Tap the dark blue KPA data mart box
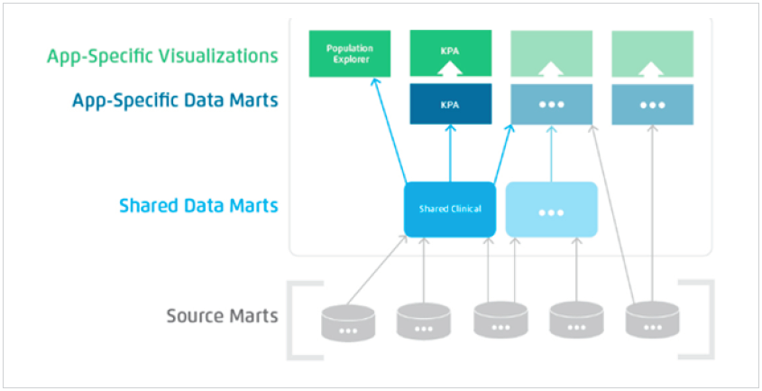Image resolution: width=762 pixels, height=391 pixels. [x=450, y=104]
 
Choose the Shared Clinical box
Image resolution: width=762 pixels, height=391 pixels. [x=449, y=209]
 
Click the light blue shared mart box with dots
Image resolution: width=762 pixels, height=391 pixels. [x=551, y=209]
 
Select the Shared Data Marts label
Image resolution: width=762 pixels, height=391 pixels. [x=198, y=206]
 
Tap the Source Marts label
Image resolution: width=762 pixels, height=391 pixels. [x=222, y=316]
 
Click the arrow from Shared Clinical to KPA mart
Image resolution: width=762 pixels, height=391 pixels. [x=450, y=154]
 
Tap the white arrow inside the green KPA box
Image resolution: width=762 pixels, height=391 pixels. [x=450, y=67]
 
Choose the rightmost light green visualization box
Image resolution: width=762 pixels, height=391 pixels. [x=652, y=53]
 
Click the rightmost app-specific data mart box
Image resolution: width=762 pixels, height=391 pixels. [x=652, y=104]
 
